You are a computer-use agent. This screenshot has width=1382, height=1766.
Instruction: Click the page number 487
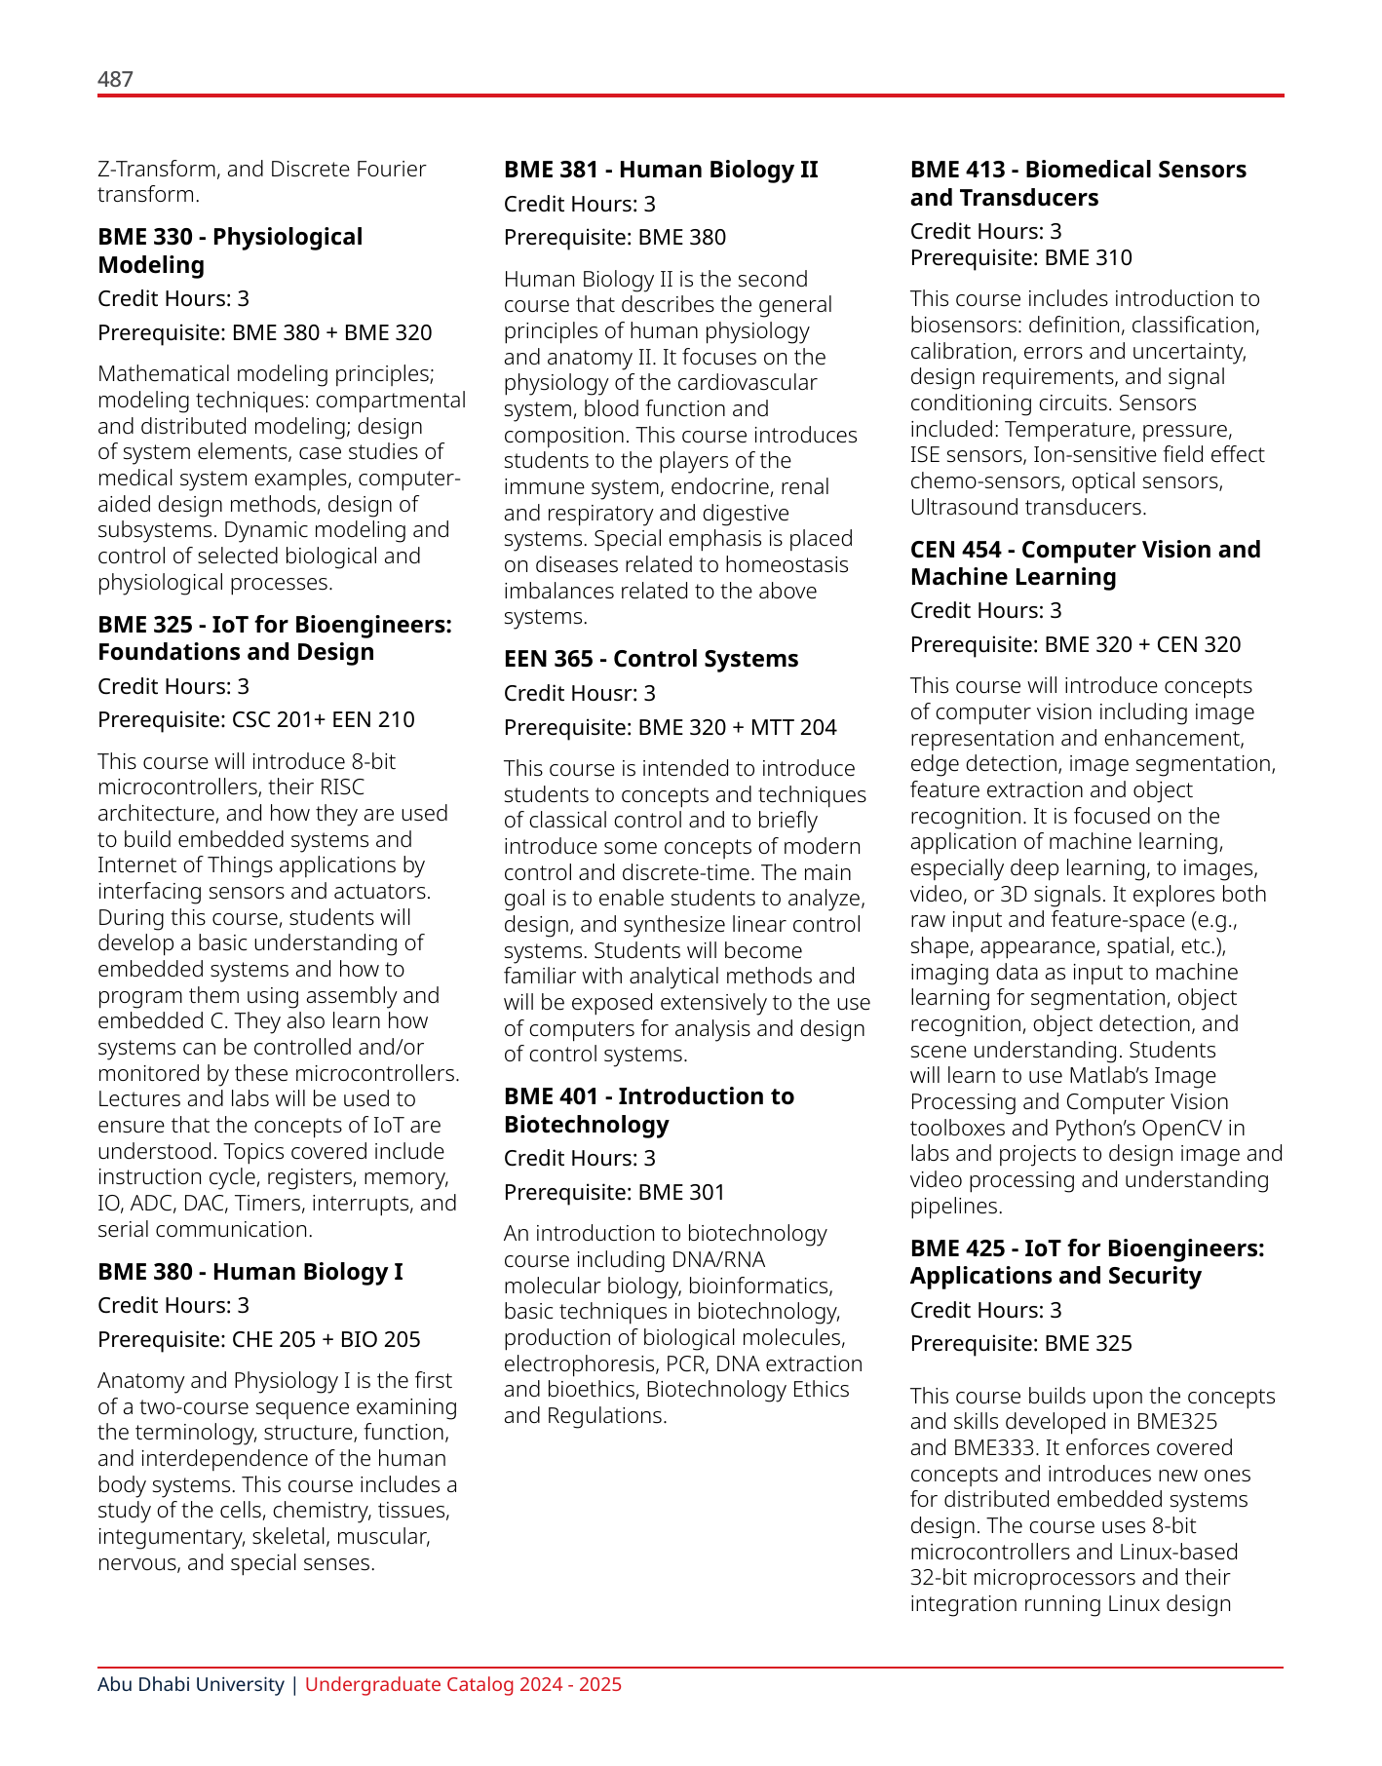coord(115,79)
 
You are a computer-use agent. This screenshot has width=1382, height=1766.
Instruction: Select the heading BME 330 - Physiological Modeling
coord(230,250)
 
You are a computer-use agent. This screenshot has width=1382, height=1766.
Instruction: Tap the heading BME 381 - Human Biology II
coord(661,170)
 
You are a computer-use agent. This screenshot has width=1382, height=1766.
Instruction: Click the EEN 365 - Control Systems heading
coord(651,659)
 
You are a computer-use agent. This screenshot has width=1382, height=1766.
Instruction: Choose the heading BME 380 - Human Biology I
coord(250,1272)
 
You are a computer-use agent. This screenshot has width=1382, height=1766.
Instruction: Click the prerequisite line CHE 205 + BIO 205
coord(259,1339)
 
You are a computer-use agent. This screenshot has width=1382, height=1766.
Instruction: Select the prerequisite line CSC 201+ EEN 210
coord(256,719)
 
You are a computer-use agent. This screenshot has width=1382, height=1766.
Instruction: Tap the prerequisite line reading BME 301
coord(615,1192)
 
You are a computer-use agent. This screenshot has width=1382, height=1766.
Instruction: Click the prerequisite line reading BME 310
coord(1021,257)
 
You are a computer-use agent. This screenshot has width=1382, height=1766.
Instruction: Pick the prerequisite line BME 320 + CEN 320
coord(1076,644)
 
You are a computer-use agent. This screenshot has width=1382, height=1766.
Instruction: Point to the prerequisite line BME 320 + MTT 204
coord(671,727)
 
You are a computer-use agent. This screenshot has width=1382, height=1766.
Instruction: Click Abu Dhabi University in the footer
coord(191,1684)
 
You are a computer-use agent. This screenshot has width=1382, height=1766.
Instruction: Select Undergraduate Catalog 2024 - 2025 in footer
coord(463,1684)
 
